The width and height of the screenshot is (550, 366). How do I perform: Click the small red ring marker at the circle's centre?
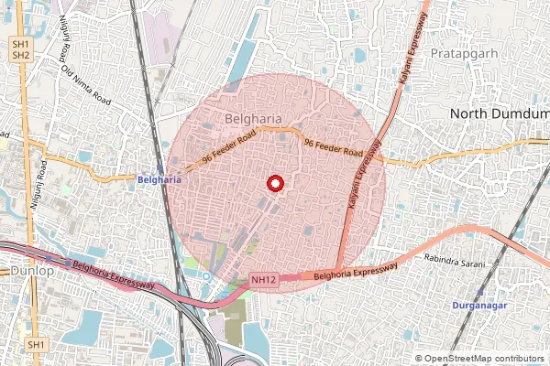point(273,183)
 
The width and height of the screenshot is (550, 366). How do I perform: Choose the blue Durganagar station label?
point(480,304)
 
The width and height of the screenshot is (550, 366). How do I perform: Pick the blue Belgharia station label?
point(159,179)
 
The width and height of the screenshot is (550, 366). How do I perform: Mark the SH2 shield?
point(21,56)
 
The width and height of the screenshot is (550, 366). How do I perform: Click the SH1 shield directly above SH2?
point(21,44)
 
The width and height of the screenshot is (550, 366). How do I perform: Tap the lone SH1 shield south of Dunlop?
point(36,344)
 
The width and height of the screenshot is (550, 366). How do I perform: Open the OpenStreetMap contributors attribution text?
point(479,359)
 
